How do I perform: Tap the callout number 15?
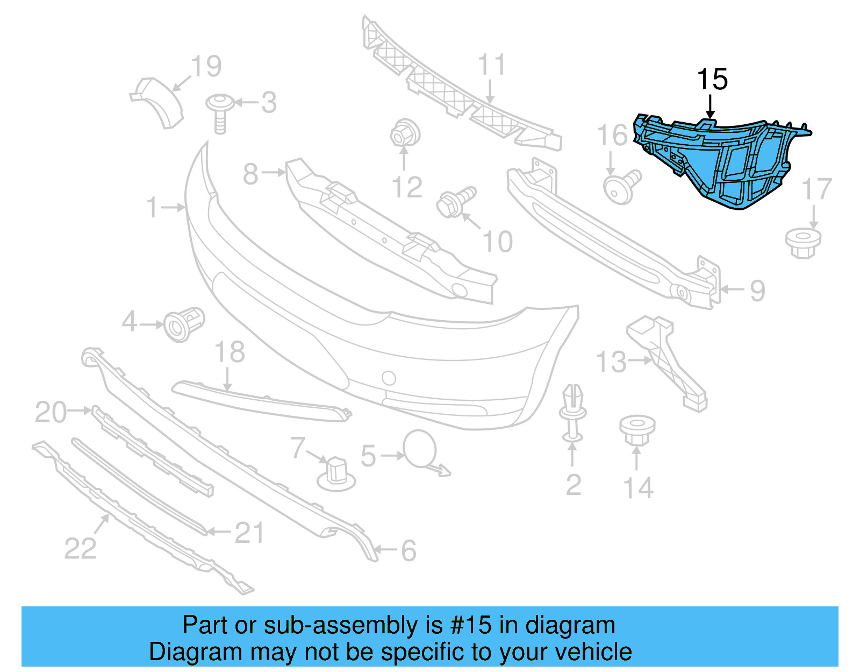[x=712, y=80]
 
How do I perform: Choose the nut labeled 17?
[x=803, y=243]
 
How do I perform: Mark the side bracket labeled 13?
[x=666, y=360]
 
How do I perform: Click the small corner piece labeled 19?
[x=159, y=102]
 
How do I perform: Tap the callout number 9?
[x=757, y=291]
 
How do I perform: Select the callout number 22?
[x=80, y=549]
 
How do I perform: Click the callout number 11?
[x=491, y=65]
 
